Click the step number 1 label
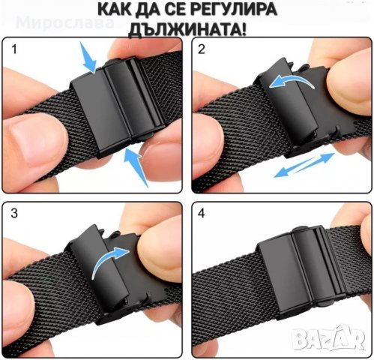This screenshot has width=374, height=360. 12,52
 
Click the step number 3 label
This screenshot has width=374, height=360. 12,214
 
